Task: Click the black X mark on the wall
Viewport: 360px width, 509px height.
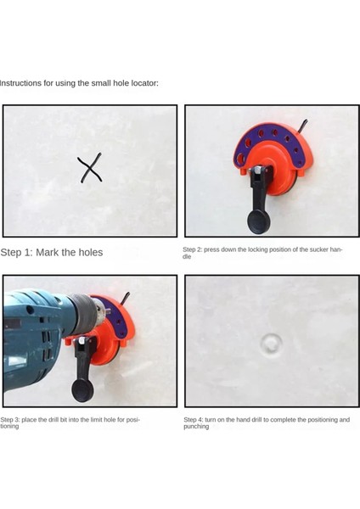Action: (90, 167)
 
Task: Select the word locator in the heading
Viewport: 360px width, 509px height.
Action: (144, 83)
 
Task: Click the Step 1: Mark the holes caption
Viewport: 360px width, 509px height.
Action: (52, 252)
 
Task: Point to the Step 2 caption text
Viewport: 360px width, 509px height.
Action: (262, 253)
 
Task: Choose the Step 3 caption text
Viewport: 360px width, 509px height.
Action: (70, 422)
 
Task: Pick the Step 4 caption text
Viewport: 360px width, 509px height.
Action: (267, 422)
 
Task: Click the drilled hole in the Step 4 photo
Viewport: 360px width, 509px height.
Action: (272, 344)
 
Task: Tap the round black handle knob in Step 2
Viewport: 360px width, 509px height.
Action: (259, 221)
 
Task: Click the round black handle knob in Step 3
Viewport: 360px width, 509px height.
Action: (82, 390)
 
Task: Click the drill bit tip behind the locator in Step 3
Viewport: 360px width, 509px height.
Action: (126, 298)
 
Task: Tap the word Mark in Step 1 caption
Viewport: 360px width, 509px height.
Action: (47, 252)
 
